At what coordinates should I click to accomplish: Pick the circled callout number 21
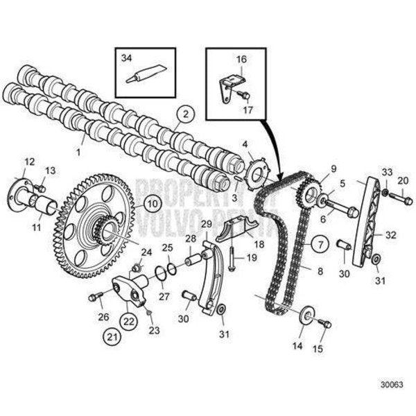[x=112, y=336]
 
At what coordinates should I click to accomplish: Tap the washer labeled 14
[x=304, y=318]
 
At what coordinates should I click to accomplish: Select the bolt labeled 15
[x=324, y=323]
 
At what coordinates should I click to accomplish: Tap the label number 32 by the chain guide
[x=390, y=235]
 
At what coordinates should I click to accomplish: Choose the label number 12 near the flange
[x=29, y=162]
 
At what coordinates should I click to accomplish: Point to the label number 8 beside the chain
[x=320, y=271]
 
